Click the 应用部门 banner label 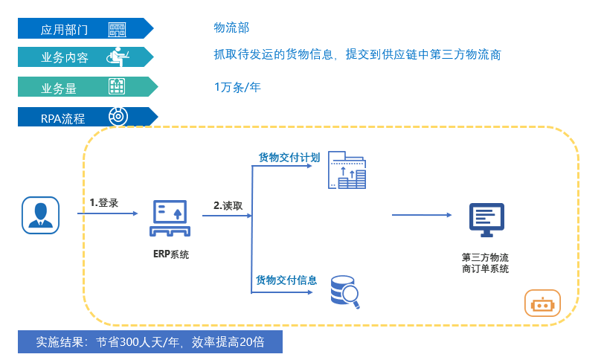pos(65,30)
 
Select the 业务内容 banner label pos(65,57)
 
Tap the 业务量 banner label pos(60,88)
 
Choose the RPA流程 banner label pos(63,118)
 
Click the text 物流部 pos(231,28)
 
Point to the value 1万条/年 pos(237,87)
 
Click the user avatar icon pos(40,215)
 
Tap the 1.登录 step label pos(104,202)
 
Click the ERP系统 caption pos(171,254)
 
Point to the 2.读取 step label pos(228,205)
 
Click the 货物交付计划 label pos(289,158)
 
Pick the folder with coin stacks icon pos(347,170)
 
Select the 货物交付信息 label pos(286,280)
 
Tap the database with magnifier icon pos(344,292)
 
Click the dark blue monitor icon pos(486,220)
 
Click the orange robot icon pos(543,304)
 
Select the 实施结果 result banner pos(150,342)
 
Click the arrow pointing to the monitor pos(422,215)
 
